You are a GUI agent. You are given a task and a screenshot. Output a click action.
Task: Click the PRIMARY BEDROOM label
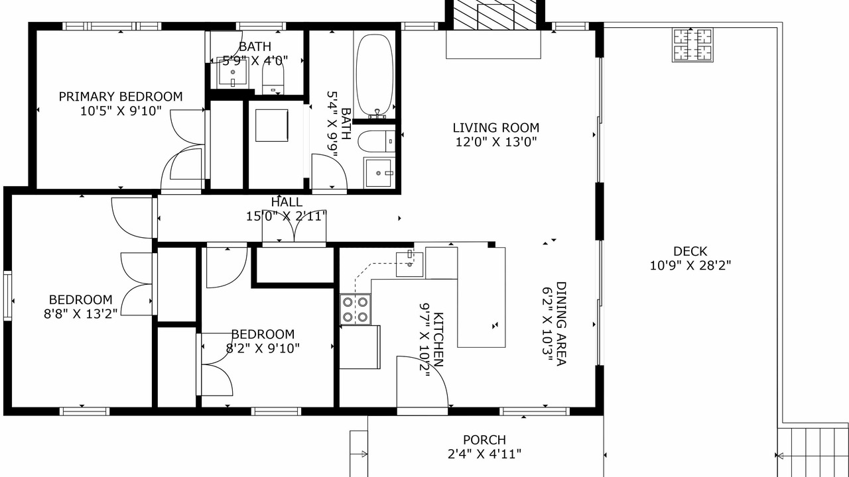tap(121, 97)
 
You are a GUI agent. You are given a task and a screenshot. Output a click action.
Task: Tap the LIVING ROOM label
tap(495, 128)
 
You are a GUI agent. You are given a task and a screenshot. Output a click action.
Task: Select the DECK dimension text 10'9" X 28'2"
tap(690, 266)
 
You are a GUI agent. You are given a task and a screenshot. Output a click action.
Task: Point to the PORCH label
tap(484, 440)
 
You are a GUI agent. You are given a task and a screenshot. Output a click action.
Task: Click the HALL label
tap(287, 202)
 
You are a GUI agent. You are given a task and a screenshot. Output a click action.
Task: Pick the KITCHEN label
tap(438, 340)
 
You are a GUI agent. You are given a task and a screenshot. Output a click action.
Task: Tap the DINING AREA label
tap(561, 324)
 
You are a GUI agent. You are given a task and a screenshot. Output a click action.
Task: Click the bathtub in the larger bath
tap(375, 76)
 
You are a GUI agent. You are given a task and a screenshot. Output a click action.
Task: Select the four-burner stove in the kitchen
tap(355, 309)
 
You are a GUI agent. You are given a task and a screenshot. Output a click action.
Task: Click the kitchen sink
tap(409, 264)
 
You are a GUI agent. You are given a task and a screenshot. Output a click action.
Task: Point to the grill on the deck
tap(692, 44)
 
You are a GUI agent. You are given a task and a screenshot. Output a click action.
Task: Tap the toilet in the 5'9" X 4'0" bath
tap(273, 76)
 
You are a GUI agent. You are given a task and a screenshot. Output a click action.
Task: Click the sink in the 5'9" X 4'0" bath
tap(233, 72)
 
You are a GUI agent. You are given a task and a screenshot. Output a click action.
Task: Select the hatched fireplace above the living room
tap(495, 15)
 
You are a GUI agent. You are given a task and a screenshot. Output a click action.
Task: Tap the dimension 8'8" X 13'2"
tap(81, 314)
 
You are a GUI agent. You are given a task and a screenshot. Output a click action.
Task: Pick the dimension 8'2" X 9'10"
tap(263, 348)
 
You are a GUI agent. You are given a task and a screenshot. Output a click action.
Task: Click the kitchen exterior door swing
tap(423, 382)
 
